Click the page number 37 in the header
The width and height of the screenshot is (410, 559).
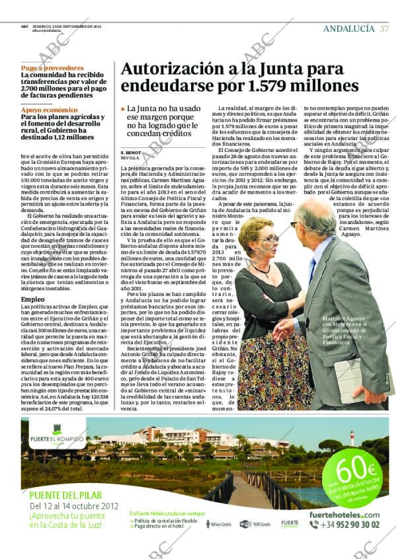(384, 28)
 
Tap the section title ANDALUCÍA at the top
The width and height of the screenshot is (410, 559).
(348, 28)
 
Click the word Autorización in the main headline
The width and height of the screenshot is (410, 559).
(171, 69)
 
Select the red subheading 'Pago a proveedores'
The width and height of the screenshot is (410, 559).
(47, 68)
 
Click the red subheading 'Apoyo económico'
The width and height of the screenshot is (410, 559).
(49, 110)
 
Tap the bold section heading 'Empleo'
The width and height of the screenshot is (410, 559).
(33, 299)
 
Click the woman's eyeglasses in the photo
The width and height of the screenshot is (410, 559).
(266, 239)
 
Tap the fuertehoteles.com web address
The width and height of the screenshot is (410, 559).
(345, 514)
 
